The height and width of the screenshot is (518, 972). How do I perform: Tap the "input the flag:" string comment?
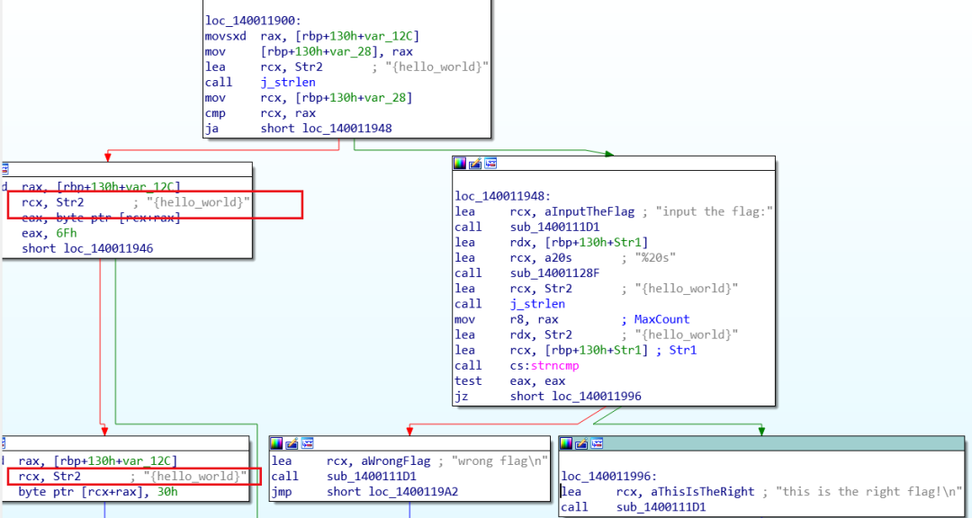(715, 211)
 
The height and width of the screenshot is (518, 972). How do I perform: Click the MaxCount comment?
(662, 319)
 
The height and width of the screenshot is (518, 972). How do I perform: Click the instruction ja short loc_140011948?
(298, 128)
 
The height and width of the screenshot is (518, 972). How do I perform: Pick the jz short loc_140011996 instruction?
(548, 396)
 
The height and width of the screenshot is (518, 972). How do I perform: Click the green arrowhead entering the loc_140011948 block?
(610, 154)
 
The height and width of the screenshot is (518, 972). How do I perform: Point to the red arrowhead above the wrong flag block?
(409, 433)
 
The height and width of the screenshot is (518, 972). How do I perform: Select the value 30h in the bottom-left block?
(166, 491)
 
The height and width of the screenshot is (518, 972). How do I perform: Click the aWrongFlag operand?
(378, 460)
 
